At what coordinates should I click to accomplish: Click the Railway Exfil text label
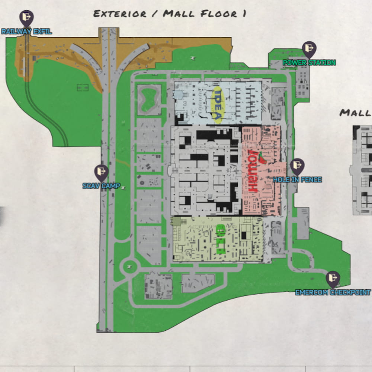pyautogui.click(x=26, y=32)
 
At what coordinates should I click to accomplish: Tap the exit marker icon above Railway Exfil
pyautogui.click(x=26, y=17)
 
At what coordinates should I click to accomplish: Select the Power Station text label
pyautogui.click(x=309, y=62)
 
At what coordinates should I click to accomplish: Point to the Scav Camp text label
pyautogui.click(x=101, y=186)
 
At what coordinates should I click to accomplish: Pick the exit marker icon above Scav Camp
pyautogui.click(x=101, y=172)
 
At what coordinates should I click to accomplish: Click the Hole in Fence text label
pyautogui.click(x=297, y=180)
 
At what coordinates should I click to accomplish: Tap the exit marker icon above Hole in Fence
pyautogui.click(x=297, y=166)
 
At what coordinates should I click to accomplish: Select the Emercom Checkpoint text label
pyautogui.click(x=333, y=292)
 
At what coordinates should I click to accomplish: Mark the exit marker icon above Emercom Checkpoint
pyautogui.click(x=333, y=279)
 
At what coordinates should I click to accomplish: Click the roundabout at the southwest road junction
pyautogui.click(x=129, y=266)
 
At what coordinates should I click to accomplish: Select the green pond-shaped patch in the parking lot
pyautogui.click(x=149, y=99)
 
